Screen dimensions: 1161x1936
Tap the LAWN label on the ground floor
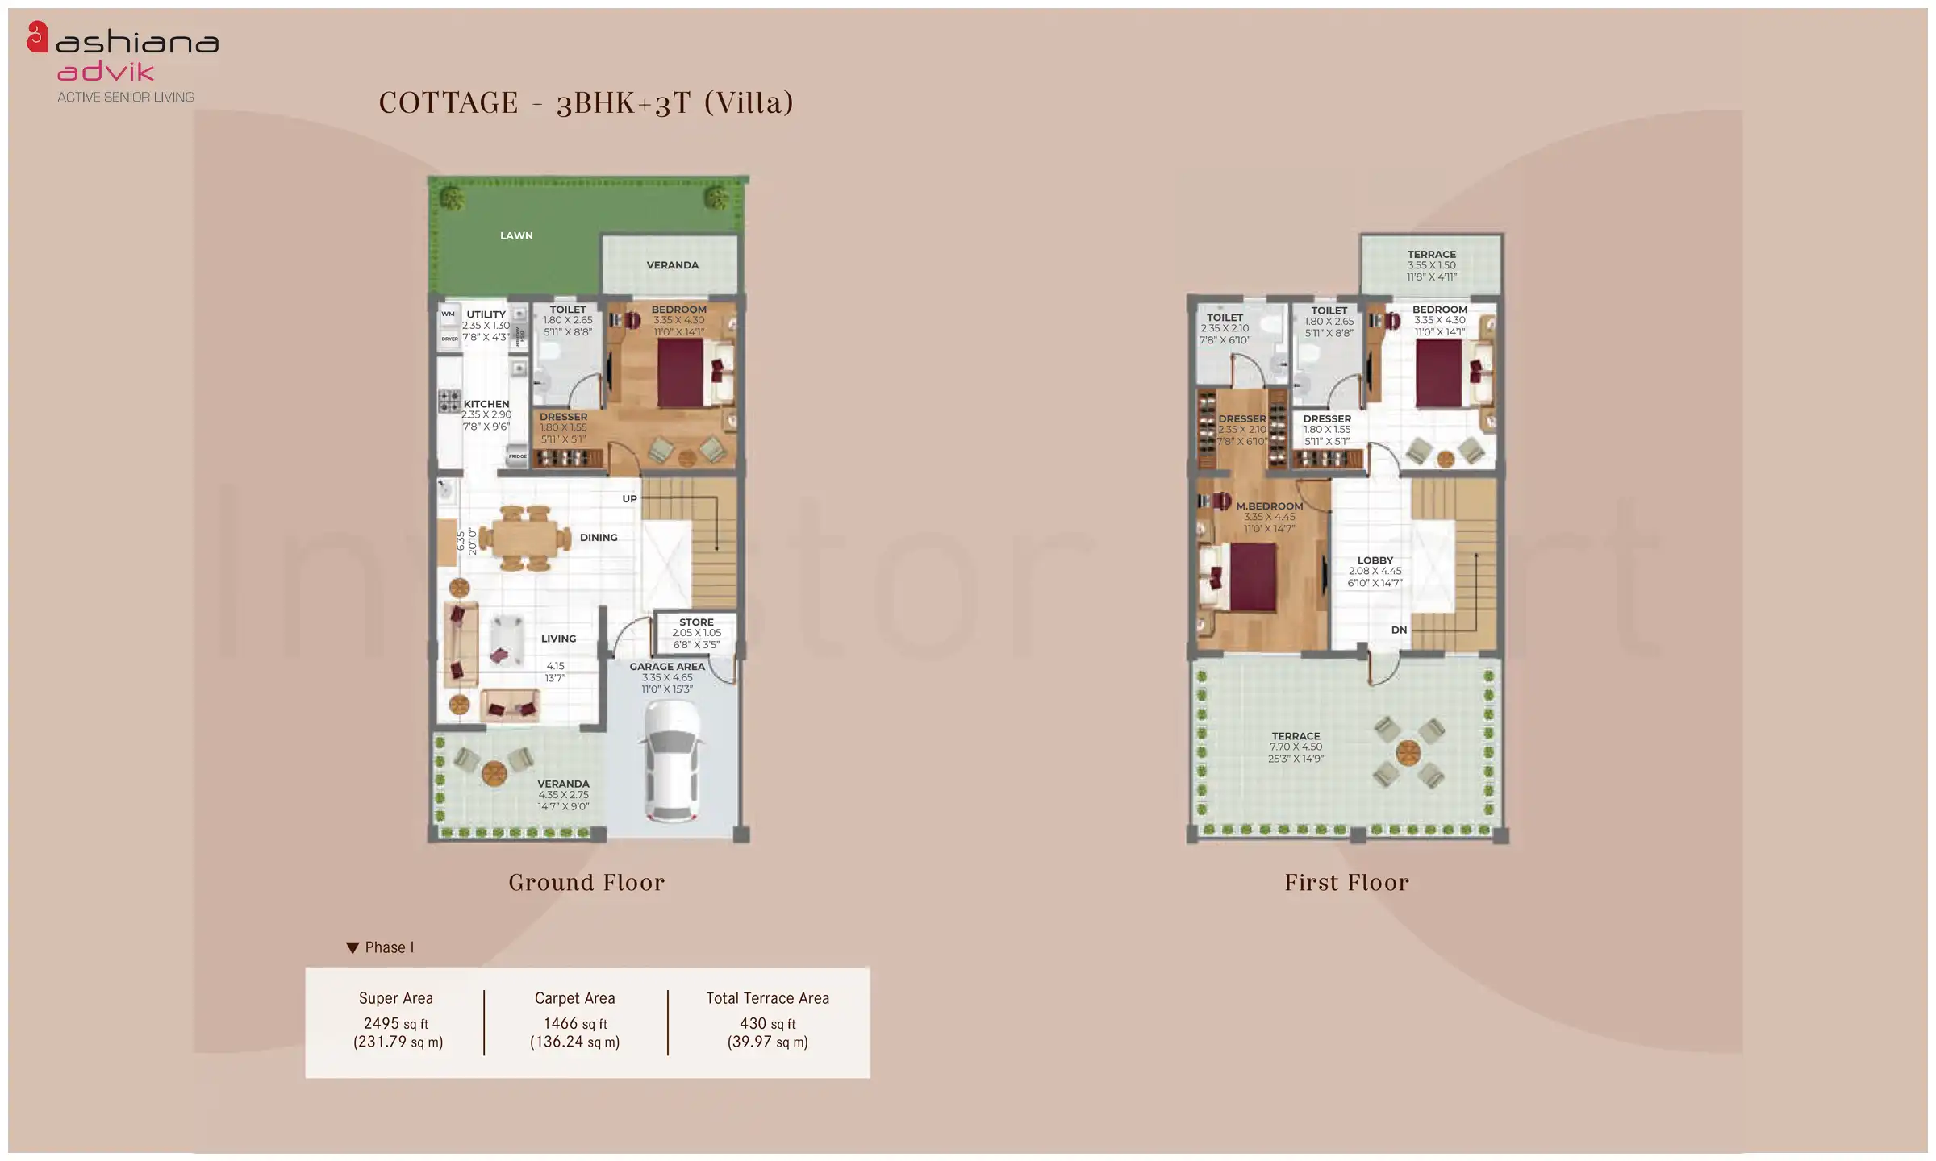click(516, 235)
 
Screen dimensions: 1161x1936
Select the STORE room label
click(696, 622)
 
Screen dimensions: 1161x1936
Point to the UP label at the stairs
click(629, 499)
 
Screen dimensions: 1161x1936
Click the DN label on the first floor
click(1399, 630)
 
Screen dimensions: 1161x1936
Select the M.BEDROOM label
click(1269, 506)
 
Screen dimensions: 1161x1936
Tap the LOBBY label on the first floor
click(1375, 560)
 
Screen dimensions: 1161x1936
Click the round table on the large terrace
click(1408, 753)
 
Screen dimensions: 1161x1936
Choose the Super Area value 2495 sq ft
click(395, 1023)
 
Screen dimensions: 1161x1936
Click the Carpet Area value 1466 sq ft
click(574, 1023)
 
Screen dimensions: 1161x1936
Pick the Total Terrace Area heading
click(767, 998)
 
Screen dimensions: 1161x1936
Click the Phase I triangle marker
click(353, 948)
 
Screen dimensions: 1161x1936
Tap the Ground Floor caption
click(586, 883)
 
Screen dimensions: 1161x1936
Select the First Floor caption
click(1346, 883)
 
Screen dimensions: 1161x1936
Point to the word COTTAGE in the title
click(449, 103)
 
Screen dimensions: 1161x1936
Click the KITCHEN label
click(486, 404)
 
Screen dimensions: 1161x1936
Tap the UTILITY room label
click(486, 314)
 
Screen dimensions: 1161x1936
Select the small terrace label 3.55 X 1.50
click(1431, 265)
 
